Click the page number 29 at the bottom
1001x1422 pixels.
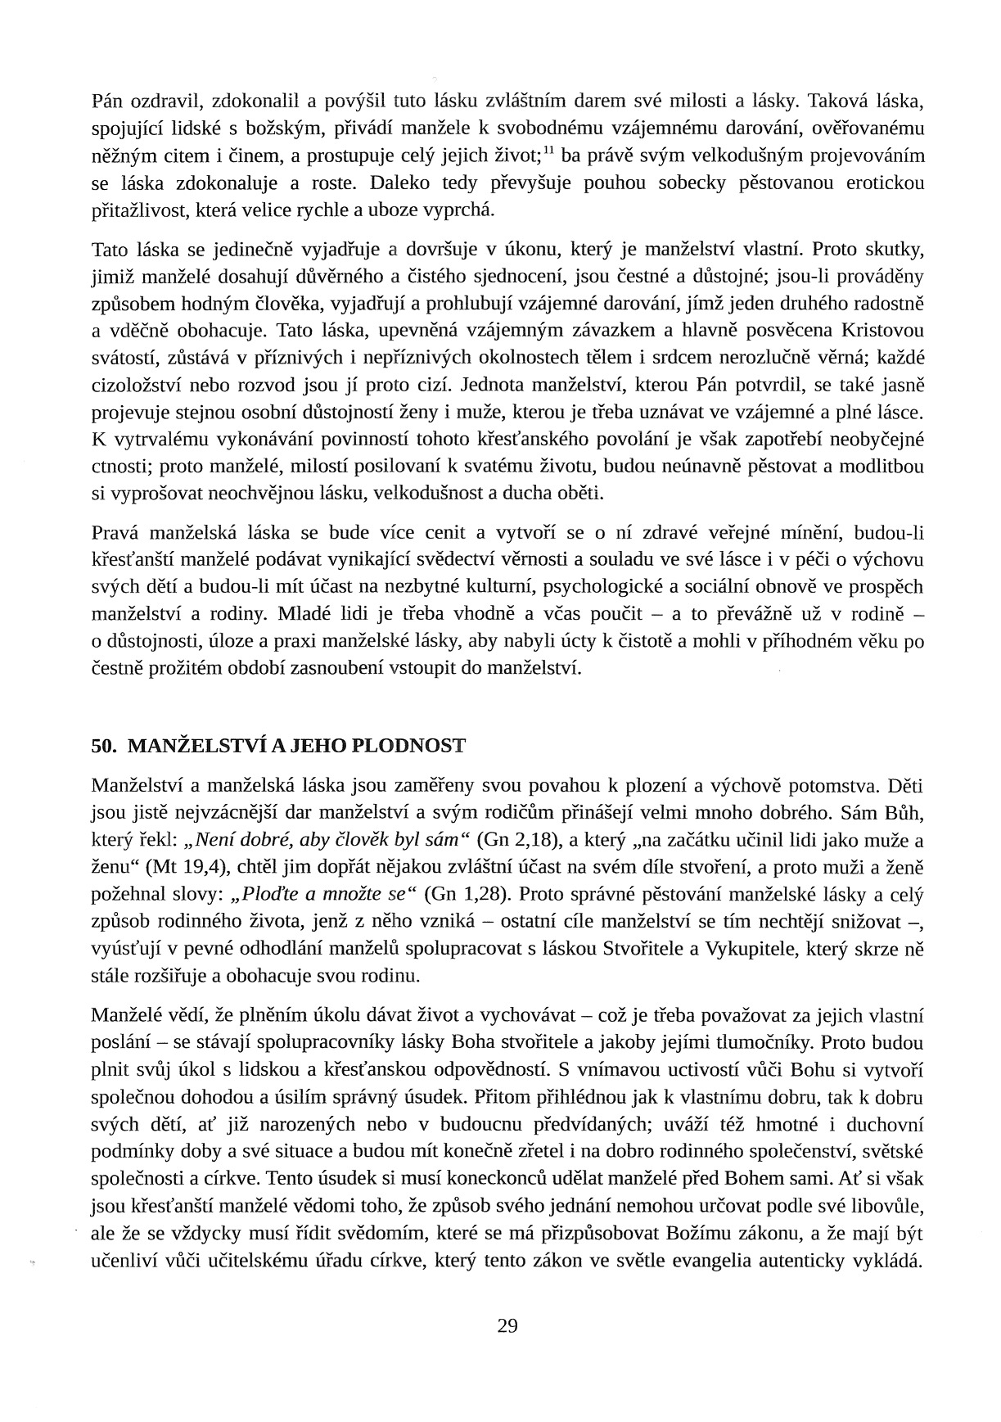click(507, 1325)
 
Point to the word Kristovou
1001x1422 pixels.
click(887, 331)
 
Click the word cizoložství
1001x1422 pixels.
click(135, 385)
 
